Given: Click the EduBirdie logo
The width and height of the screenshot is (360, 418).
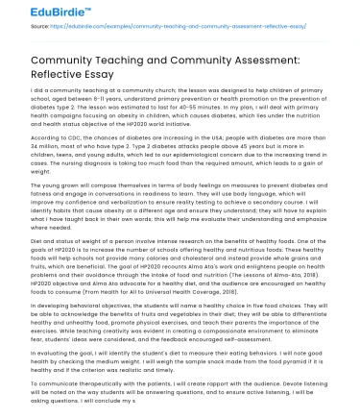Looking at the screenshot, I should click(34, 12).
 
